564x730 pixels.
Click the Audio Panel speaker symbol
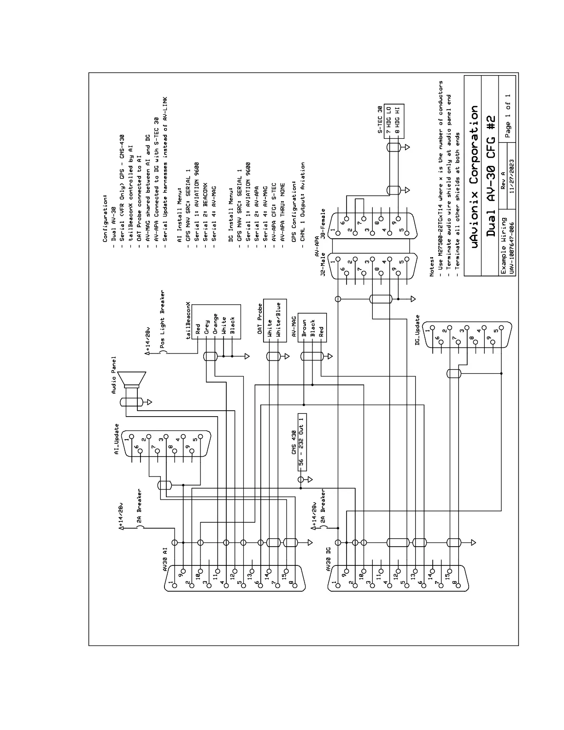133,381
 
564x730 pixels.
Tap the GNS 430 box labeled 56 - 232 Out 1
302,442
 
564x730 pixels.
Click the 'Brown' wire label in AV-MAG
304,328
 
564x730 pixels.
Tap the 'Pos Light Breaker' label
163,322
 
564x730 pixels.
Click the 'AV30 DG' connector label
328,557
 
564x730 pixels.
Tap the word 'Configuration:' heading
105,218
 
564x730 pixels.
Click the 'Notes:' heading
432,266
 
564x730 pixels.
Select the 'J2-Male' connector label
323,262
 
